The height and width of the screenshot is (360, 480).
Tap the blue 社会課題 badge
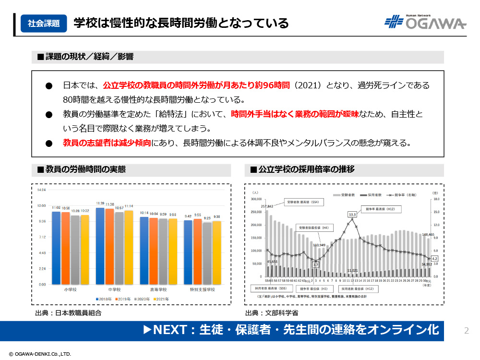[44, 23]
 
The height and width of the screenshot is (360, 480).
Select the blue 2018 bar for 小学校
[56, 247]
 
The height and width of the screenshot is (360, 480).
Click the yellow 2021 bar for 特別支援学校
[217, 252]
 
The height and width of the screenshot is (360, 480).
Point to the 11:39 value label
[100, 204]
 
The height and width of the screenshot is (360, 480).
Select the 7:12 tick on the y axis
[42, 237]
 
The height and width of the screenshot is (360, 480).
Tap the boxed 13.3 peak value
[352, 214]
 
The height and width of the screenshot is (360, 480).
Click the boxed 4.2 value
[434, 259]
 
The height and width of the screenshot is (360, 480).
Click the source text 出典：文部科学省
[272, 312]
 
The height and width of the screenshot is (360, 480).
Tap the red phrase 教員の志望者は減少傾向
[107, 143]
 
